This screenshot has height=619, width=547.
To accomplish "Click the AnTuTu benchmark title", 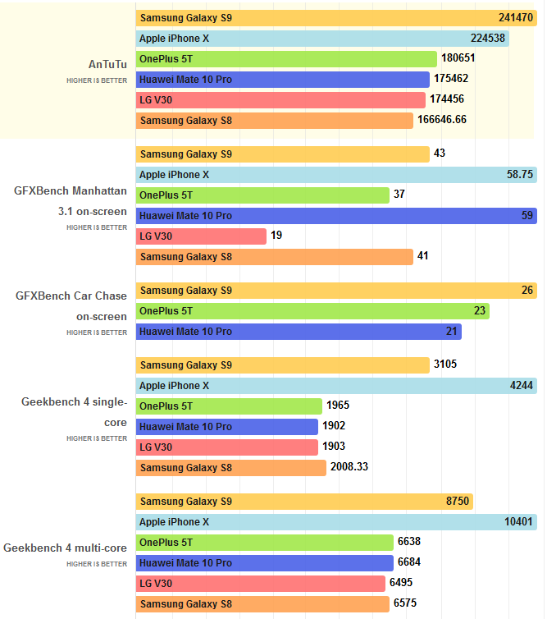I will [107, 63].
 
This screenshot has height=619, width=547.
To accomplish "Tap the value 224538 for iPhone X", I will [488, 39].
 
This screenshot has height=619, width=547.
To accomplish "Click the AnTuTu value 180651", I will [458, 59].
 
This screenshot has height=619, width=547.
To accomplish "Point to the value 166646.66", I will [442, 121].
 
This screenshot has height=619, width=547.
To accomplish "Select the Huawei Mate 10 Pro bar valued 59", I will [336, 216].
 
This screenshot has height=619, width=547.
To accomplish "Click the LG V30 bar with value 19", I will [201, 236].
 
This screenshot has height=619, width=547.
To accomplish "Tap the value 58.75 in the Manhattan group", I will [520, 175].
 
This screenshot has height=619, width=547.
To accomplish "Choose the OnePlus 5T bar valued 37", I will [262, 195].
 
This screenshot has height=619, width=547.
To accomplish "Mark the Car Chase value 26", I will [526, 291].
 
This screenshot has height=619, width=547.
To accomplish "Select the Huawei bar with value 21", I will [299, 332].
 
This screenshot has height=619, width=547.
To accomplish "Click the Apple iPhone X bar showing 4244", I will [336, 386].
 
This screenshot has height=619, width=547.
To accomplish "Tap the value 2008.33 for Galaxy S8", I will [350, 468].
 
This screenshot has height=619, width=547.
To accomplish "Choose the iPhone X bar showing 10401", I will [336, 522].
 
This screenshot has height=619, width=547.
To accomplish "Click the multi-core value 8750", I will [457, 502].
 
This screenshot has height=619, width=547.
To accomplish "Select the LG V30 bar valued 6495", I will [261, 584].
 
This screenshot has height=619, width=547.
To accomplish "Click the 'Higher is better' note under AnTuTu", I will [97, 81].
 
